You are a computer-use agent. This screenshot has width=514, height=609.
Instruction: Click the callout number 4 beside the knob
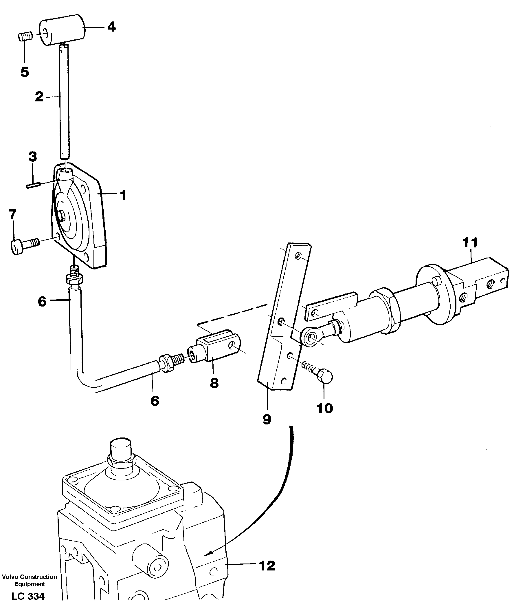(111, 27)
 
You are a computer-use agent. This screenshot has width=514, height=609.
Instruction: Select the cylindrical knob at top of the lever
(62, 30)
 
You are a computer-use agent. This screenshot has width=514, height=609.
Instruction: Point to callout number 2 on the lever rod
(39, 97)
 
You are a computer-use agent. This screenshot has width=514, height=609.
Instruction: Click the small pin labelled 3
(33, 185)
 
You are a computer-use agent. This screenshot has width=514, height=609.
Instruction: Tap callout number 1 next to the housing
(124, 195)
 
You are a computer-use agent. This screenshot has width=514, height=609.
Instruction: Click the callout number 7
(12, 215)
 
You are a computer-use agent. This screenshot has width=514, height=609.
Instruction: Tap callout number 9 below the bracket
(267, 420)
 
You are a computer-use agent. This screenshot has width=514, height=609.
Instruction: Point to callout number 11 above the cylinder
(470, 243)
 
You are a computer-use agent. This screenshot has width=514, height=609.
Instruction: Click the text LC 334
(28, 597)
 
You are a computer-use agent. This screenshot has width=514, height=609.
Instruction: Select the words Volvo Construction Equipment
(30, 580)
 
